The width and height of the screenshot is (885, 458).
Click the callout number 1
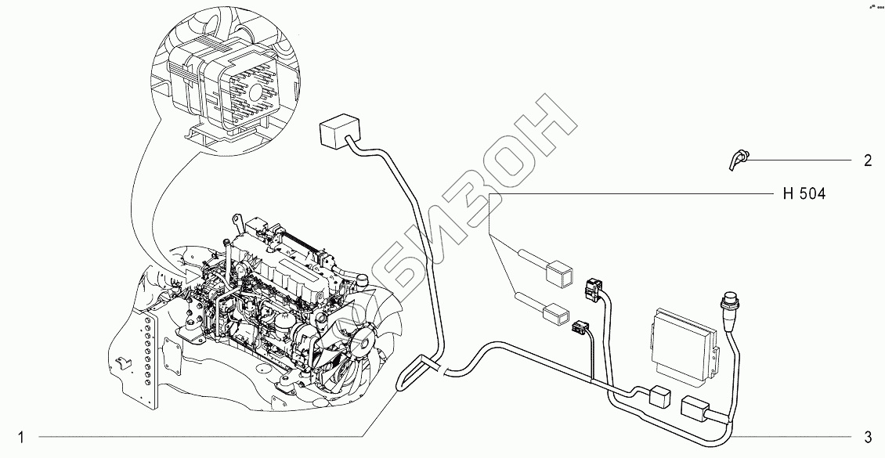click(23, 436)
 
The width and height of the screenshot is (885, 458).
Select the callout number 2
click(867, 161)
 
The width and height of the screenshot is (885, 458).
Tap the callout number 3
click(868, 436)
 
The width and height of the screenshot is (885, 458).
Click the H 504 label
click(804, 193)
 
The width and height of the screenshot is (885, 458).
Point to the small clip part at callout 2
click(739, 161)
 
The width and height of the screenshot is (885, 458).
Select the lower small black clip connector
click(581, 329)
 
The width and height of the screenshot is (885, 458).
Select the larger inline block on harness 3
click(696, 409)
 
